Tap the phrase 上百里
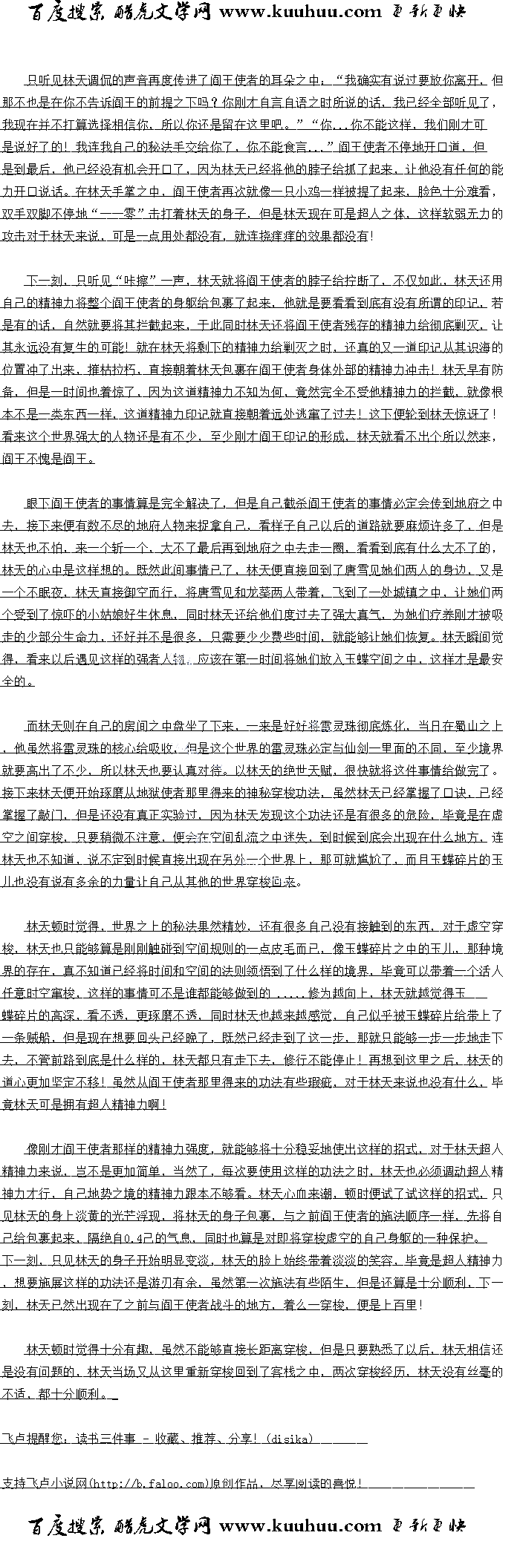(x=400, y=1305)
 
